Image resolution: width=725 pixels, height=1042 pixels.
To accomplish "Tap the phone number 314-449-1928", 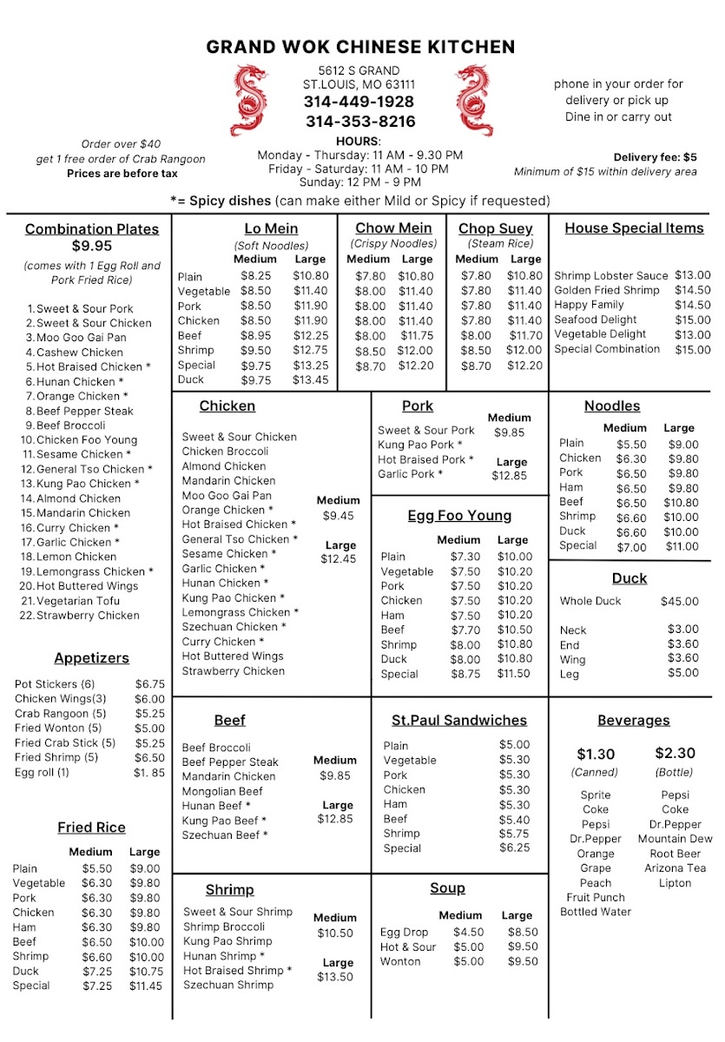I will (x=359, y=102).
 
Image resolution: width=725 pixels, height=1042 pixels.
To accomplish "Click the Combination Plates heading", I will (x=92, y=229).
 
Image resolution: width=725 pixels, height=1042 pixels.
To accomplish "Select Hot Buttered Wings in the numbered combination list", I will (x=87, y=586).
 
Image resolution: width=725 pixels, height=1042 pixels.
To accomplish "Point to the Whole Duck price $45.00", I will (x=679, y=601).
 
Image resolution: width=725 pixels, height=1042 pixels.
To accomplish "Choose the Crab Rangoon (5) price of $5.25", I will (x=149, y=714).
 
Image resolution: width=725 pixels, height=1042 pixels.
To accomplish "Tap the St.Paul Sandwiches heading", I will (x=459, y=721).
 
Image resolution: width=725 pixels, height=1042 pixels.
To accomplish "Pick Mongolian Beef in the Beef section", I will (x=222, y=791).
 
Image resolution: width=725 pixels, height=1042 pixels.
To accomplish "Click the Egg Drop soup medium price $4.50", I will (x=468, y=932).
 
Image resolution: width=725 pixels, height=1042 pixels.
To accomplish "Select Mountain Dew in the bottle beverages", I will (x=675, y=839).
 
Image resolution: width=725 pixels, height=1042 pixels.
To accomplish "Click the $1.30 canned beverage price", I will (x=596, y=754).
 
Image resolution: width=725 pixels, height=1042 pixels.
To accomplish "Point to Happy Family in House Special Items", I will (x=589, y=305).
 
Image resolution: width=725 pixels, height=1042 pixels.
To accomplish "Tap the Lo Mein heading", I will (x=271, y=229).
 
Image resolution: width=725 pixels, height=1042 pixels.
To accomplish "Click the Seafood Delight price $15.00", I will (x=692, y=320).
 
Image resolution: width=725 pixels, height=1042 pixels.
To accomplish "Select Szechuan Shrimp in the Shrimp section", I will (x=228, y=985).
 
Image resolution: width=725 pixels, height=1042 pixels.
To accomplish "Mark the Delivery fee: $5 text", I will (x=655, y=157).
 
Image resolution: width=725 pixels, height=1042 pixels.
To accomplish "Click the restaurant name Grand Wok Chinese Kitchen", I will (x=360, y=47).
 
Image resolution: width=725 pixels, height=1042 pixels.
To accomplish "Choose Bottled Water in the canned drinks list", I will (x=596, y=912).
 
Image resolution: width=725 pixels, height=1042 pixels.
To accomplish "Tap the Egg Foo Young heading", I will (x=459, y=516).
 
